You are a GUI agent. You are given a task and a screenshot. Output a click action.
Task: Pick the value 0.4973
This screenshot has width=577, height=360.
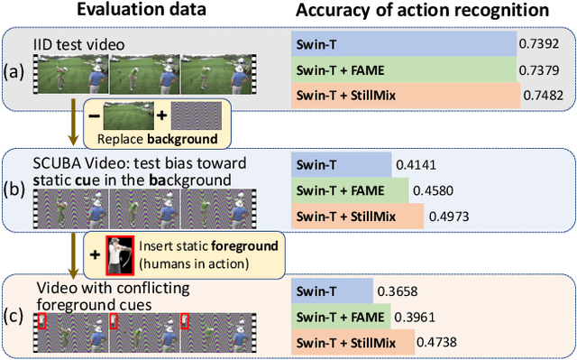pyautogui.click(x=446, y=217)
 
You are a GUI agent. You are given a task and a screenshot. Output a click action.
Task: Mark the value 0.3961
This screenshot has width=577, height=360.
pyautogui.click(x=413, y=315)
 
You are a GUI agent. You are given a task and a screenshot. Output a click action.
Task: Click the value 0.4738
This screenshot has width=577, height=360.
pyautogui.click(x=438, y=341)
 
